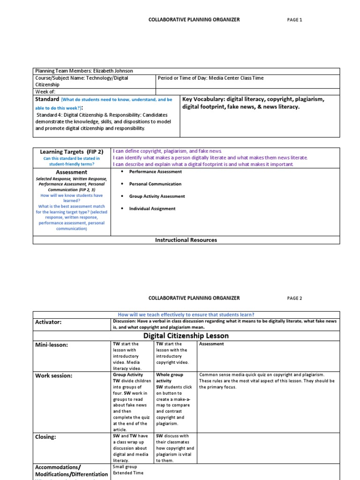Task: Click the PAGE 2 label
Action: [x=294, y=298]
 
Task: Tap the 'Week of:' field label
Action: [x=45, y=92]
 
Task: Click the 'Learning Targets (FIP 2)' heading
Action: [x=71, y=152]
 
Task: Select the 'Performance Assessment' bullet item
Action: [x=156, y=172]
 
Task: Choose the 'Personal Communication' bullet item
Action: [x=155, y=184]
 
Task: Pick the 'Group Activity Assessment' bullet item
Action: [x=157, y=196]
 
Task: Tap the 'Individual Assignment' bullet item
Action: [x=152, y=209]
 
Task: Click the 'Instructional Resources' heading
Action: [x=186, y=240]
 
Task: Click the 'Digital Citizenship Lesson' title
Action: [x=186, y=336]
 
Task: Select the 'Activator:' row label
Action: [x=48, y=322]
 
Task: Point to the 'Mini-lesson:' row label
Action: [x=52, y=345]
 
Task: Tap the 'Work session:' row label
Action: [x=54, y=376]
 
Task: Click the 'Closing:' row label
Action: [x=46, y=437]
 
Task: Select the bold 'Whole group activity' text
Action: [x=169, y=378]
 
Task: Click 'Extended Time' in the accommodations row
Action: [x=127, y=473]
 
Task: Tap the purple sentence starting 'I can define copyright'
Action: [x=167, y=151]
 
